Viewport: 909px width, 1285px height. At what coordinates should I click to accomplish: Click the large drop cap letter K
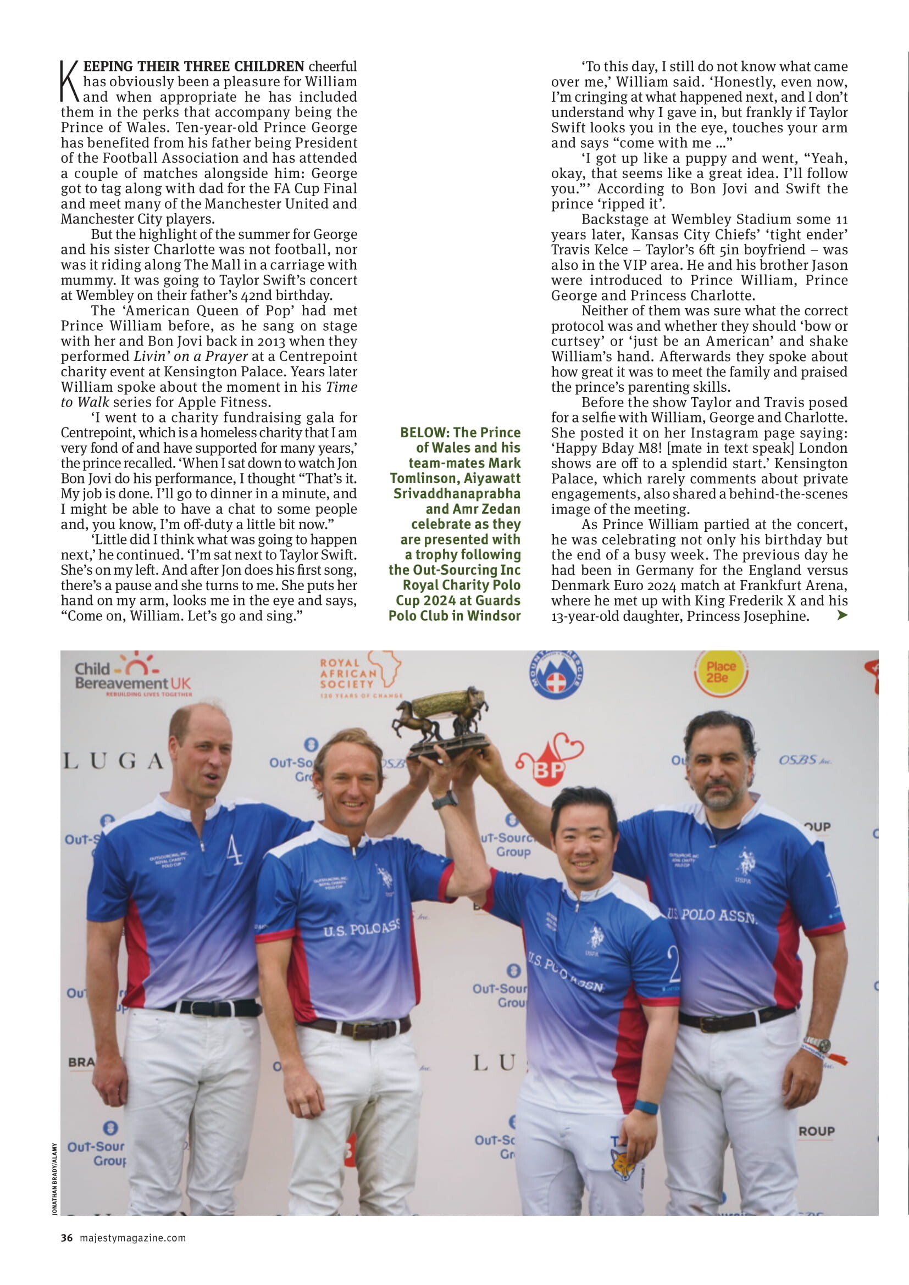click(x=70, y=82)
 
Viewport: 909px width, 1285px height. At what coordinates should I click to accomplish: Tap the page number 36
click(x=66, y=1238)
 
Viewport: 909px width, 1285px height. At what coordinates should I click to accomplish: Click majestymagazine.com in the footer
click(x=132, y=1238)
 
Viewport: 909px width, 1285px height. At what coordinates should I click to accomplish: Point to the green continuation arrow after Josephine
click(x=841, y=616)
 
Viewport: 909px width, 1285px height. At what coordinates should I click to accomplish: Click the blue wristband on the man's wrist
click(x=645, y=1107)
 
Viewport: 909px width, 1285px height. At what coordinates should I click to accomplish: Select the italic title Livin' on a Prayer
click(x=190, y=357)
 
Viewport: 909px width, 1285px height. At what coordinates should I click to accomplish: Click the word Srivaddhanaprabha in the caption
click(x=457, y=494)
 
